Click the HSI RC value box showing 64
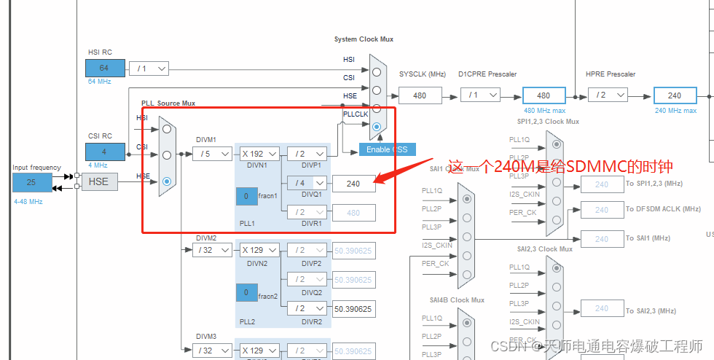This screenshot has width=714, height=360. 105,69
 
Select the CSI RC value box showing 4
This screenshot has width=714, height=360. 105,152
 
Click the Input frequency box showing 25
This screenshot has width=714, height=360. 32,181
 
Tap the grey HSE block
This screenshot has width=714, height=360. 98,181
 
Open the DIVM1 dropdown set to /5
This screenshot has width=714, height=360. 212,154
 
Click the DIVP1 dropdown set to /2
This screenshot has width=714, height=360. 307,154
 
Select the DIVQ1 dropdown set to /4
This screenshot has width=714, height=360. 307,183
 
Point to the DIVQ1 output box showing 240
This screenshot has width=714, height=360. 354,184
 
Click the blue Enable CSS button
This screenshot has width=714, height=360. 387,149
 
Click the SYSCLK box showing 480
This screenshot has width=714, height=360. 420,95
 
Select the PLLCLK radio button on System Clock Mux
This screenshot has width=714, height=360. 377,127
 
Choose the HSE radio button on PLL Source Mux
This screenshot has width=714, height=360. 167,181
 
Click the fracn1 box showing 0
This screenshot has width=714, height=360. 246,197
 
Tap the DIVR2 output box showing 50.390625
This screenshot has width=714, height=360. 354,309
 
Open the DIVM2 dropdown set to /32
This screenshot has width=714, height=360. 212,250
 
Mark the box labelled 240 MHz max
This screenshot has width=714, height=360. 675,95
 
